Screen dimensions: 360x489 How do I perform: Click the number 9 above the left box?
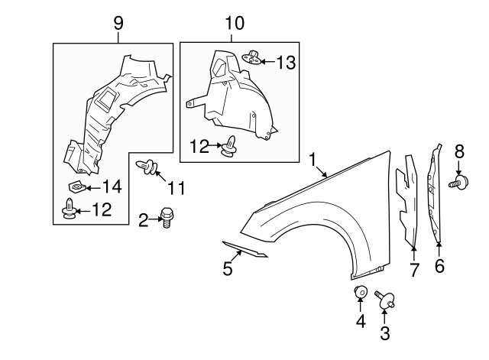[x=118, y=24]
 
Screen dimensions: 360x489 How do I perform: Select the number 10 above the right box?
[x=235, y=24]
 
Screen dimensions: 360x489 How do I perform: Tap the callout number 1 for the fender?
[x=313, y=158]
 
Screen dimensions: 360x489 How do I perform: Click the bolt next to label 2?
[x=166, y=219]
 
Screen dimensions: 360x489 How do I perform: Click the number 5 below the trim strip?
[x=228, y=268]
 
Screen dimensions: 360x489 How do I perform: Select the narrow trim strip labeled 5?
[x=245, y=249]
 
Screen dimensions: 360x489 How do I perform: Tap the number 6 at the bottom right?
[x=439, y=267]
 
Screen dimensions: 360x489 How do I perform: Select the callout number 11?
[x=176, y=186]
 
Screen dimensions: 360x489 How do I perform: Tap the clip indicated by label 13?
[x=254, y=57]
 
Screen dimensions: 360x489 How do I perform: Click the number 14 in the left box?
[x=112, y=185]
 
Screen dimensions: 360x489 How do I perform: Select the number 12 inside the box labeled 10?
[x=199, y=145]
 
